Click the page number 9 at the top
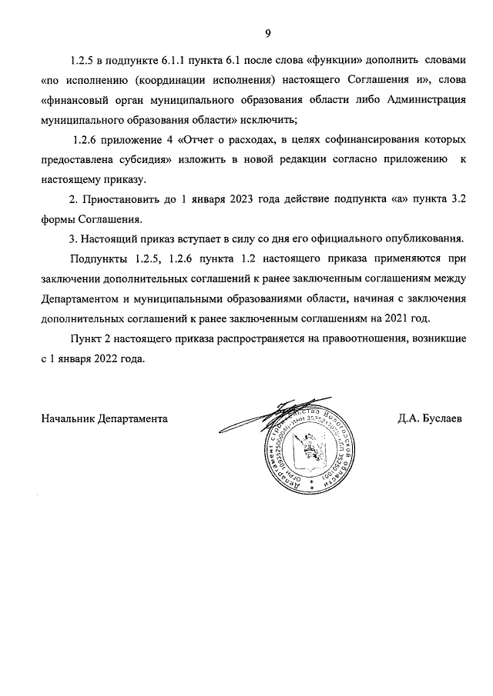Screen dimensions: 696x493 (267, 33)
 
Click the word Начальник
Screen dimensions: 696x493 (68, 419)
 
